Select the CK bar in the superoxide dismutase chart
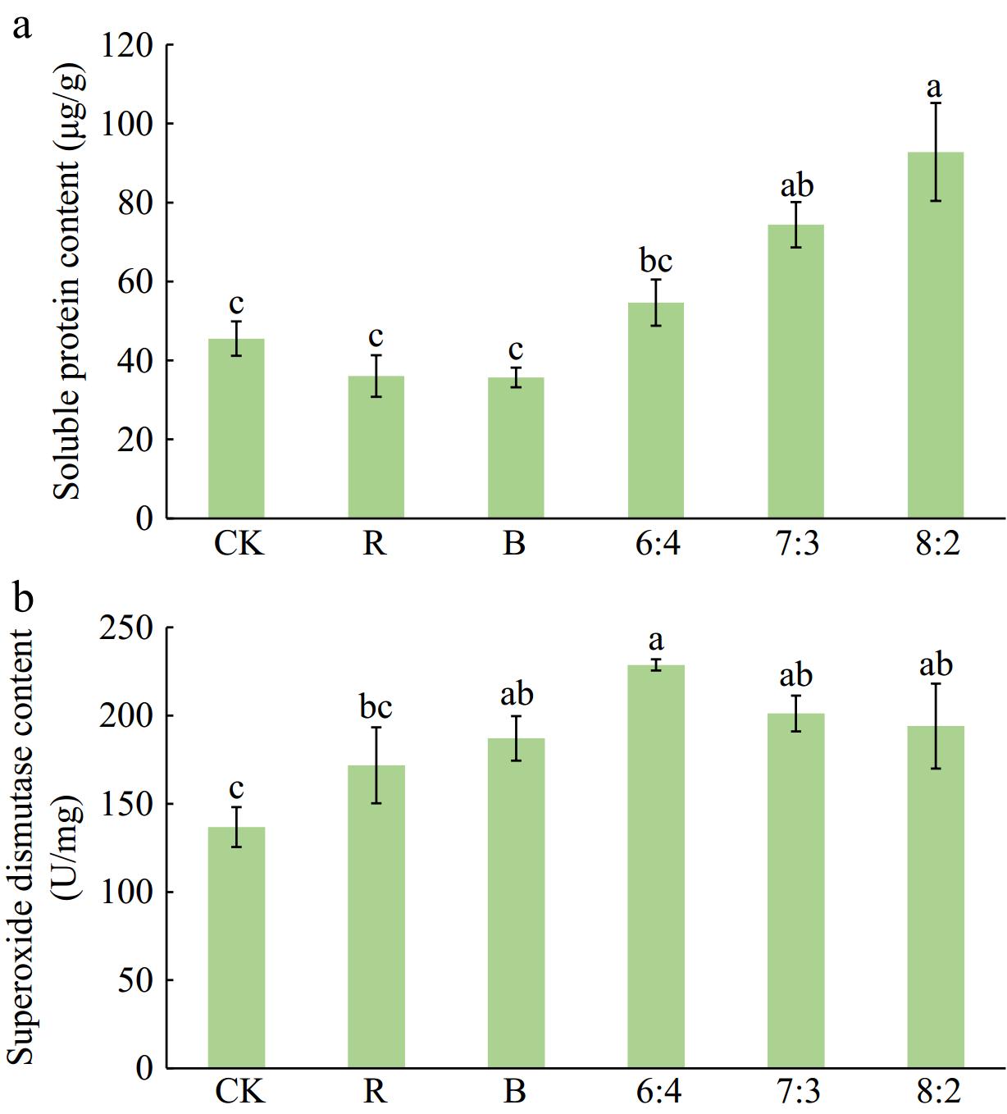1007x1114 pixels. pos(236,952)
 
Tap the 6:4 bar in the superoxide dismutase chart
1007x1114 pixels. pos(656,870)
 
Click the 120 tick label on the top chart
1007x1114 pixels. pos(128,46)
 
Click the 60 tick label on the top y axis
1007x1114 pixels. pos(135,282)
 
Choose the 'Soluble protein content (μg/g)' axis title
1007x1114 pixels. pos(69,279)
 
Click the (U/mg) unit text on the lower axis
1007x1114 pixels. pos(71,847)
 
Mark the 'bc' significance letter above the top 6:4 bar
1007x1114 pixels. pos(656,261)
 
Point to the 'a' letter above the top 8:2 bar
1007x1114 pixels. pos(934,87)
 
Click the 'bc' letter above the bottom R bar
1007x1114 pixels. pos(376,706)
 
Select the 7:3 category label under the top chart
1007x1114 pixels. pos(795,543)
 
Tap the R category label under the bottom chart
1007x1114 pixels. pos(375,1092)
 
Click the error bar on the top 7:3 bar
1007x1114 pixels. pos(795,225)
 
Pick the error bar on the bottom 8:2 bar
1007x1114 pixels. pos(936,726)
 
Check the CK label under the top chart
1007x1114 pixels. pos(239,543)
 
